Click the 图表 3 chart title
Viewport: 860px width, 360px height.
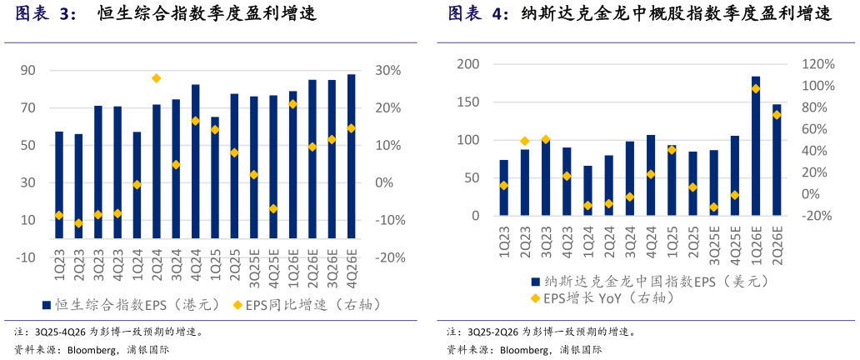[x=45, y=14]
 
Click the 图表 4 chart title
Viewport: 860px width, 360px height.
[x=477, y=14]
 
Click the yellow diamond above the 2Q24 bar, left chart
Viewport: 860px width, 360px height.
[x=156, y=78]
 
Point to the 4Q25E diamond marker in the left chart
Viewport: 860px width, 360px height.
[x=273, y=208]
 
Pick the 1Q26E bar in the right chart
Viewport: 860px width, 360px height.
[x=756, y=146]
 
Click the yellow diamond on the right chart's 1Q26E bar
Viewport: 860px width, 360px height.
[x=756, y=88]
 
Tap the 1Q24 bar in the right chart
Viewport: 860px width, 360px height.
[x=587, y=191]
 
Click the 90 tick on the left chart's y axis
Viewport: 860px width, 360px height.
[x=27, y=71]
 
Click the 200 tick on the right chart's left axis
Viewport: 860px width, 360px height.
[x=469, y=64]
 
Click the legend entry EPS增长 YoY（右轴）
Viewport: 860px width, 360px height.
[x=605, y=298]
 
